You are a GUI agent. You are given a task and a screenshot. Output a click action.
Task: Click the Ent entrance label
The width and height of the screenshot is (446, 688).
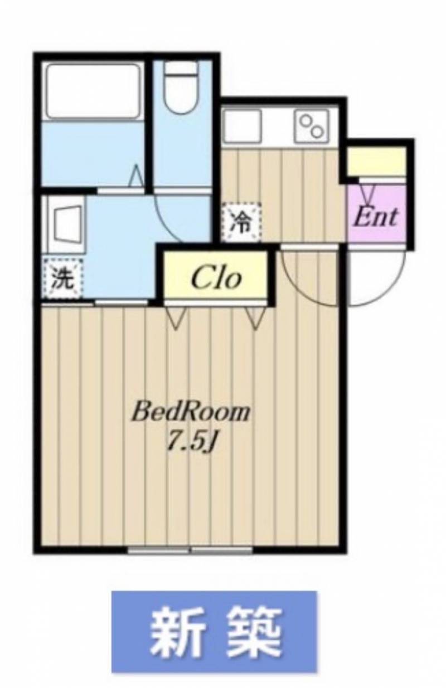(376, 217)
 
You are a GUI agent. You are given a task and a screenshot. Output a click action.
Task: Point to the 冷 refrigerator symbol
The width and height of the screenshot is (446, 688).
(241, 221)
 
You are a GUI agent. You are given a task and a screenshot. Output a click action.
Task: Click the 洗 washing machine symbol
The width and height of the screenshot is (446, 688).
(62, 279)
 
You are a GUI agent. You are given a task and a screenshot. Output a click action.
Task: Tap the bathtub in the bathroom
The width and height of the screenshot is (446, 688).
(94, 91)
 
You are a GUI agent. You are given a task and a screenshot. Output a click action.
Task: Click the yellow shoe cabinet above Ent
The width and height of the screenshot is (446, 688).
(377, 161)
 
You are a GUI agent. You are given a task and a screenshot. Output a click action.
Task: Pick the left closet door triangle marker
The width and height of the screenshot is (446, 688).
(176, 318)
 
